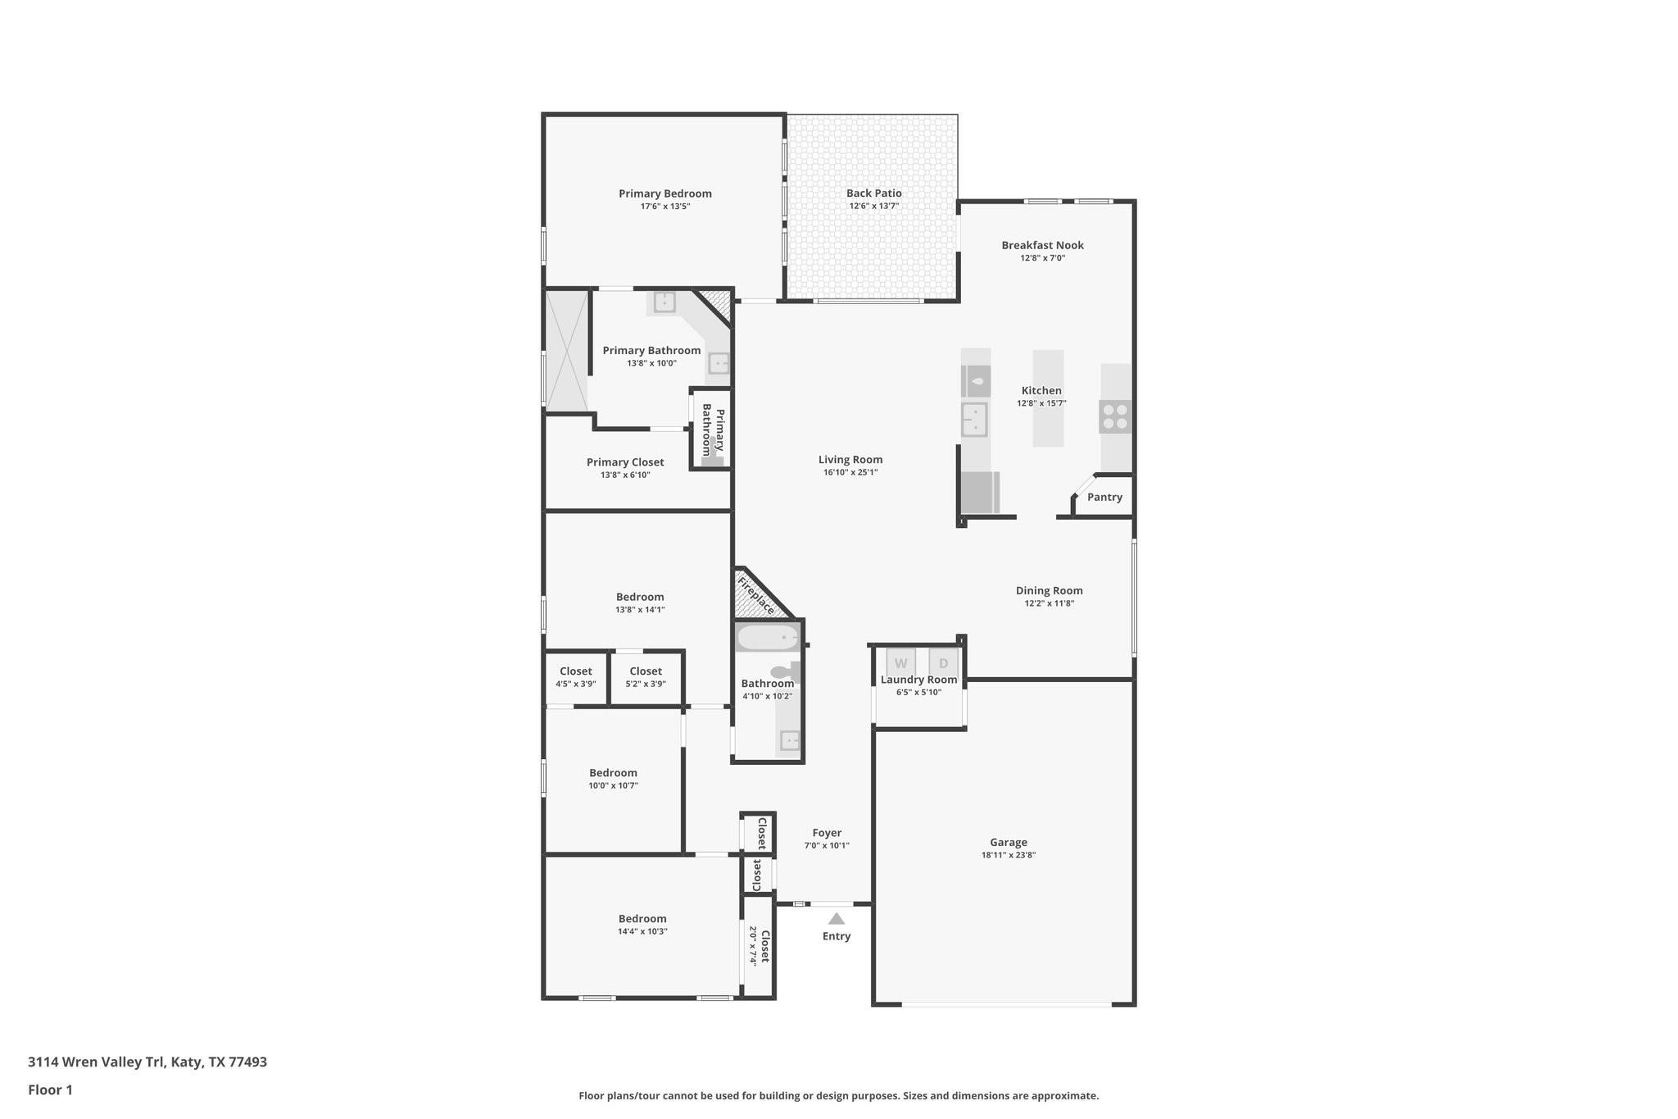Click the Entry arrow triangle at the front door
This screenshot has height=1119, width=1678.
pyautogui.click(x=836, y=919)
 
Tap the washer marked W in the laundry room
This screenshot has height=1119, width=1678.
pyautogui.click(x=900, y=663)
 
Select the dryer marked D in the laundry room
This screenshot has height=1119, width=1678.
pyautogui.click(x=943, y=663)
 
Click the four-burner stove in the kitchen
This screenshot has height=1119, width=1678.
pyautogui.click(x=1115, y=416)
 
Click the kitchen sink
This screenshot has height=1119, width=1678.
pyautogui.click(x=974, y=420)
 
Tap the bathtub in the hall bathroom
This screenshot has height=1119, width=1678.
pyautogui.click(x=768, y=637)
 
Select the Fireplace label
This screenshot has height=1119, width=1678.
pyautogui.click(x=755, y=595)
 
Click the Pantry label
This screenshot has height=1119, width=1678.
pyautogui.click(x=1104, y=497)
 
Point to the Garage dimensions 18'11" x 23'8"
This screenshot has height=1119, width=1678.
pyautogui.click(x=1009, y=855)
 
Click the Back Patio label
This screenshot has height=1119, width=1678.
pyautogui.click(x=873, y=193)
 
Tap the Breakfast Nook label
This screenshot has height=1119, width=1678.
pyautogui.click(x=1042, y=245)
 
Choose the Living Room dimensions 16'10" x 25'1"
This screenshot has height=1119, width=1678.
pyautogui.click(x=850, y=472)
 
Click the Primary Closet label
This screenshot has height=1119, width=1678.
pyautogui.click(x=625, y=462)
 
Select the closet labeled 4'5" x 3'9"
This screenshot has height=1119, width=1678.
pyautogui.click(x=576, y=677)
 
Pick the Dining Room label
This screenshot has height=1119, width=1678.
pyautogui.click(x=1049, y=590)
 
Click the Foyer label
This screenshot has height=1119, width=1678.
pyautogui.click(x=827, y=833)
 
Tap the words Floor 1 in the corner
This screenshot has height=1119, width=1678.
pyautogui.click(x=50, y=1089)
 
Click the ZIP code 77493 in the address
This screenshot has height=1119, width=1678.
pyautogui.click(x=247, y=1062)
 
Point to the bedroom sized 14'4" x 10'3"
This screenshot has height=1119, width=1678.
pyautogui.click(x=642, y=925)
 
